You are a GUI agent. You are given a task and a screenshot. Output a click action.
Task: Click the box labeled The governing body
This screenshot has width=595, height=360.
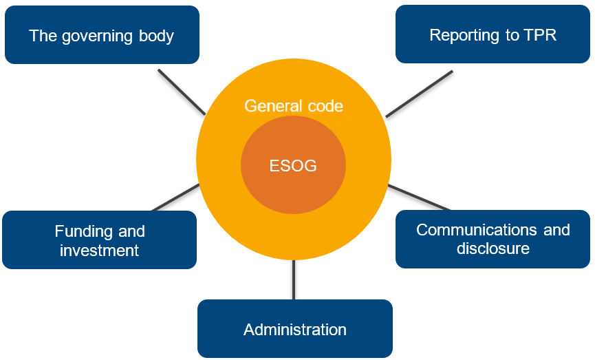point(102,35)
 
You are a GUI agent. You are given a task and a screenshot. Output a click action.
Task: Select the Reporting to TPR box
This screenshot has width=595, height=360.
point(493,34)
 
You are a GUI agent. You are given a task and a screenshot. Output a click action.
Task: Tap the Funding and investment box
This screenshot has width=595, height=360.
point(100,240)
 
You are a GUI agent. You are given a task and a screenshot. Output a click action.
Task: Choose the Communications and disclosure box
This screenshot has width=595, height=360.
point(493,238)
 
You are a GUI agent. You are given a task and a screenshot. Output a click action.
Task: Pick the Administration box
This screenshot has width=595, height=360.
point(294,329)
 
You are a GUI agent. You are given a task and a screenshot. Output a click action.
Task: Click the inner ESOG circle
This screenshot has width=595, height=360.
point(293,165)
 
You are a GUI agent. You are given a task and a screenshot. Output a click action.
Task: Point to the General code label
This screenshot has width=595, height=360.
point(294,106)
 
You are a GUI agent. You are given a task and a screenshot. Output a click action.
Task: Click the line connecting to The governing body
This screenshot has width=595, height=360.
point(182,92)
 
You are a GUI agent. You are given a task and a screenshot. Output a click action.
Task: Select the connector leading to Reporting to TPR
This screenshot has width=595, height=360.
point(419,94)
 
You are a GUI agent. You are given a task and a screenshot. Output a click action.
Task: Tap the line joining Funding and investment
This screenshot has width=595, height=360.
point(175,197)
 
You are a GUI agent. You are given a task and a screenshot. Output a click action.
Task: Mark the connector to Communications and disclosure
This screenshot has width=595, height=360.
point(419,197)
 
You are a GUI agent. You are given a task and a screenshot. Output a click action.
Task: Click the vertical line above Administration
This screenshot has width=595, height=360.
point(294,279)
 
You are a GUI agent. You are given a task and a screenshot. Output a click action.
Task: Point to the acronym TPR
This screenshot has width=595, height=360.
point(539,35)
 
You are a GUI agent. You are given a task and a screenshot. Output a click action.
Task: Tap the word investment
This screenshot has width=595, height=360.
point(100,250)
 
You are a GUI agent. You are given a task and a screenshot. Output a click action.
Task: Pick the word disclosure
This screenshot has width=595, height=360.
point(493,248)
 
